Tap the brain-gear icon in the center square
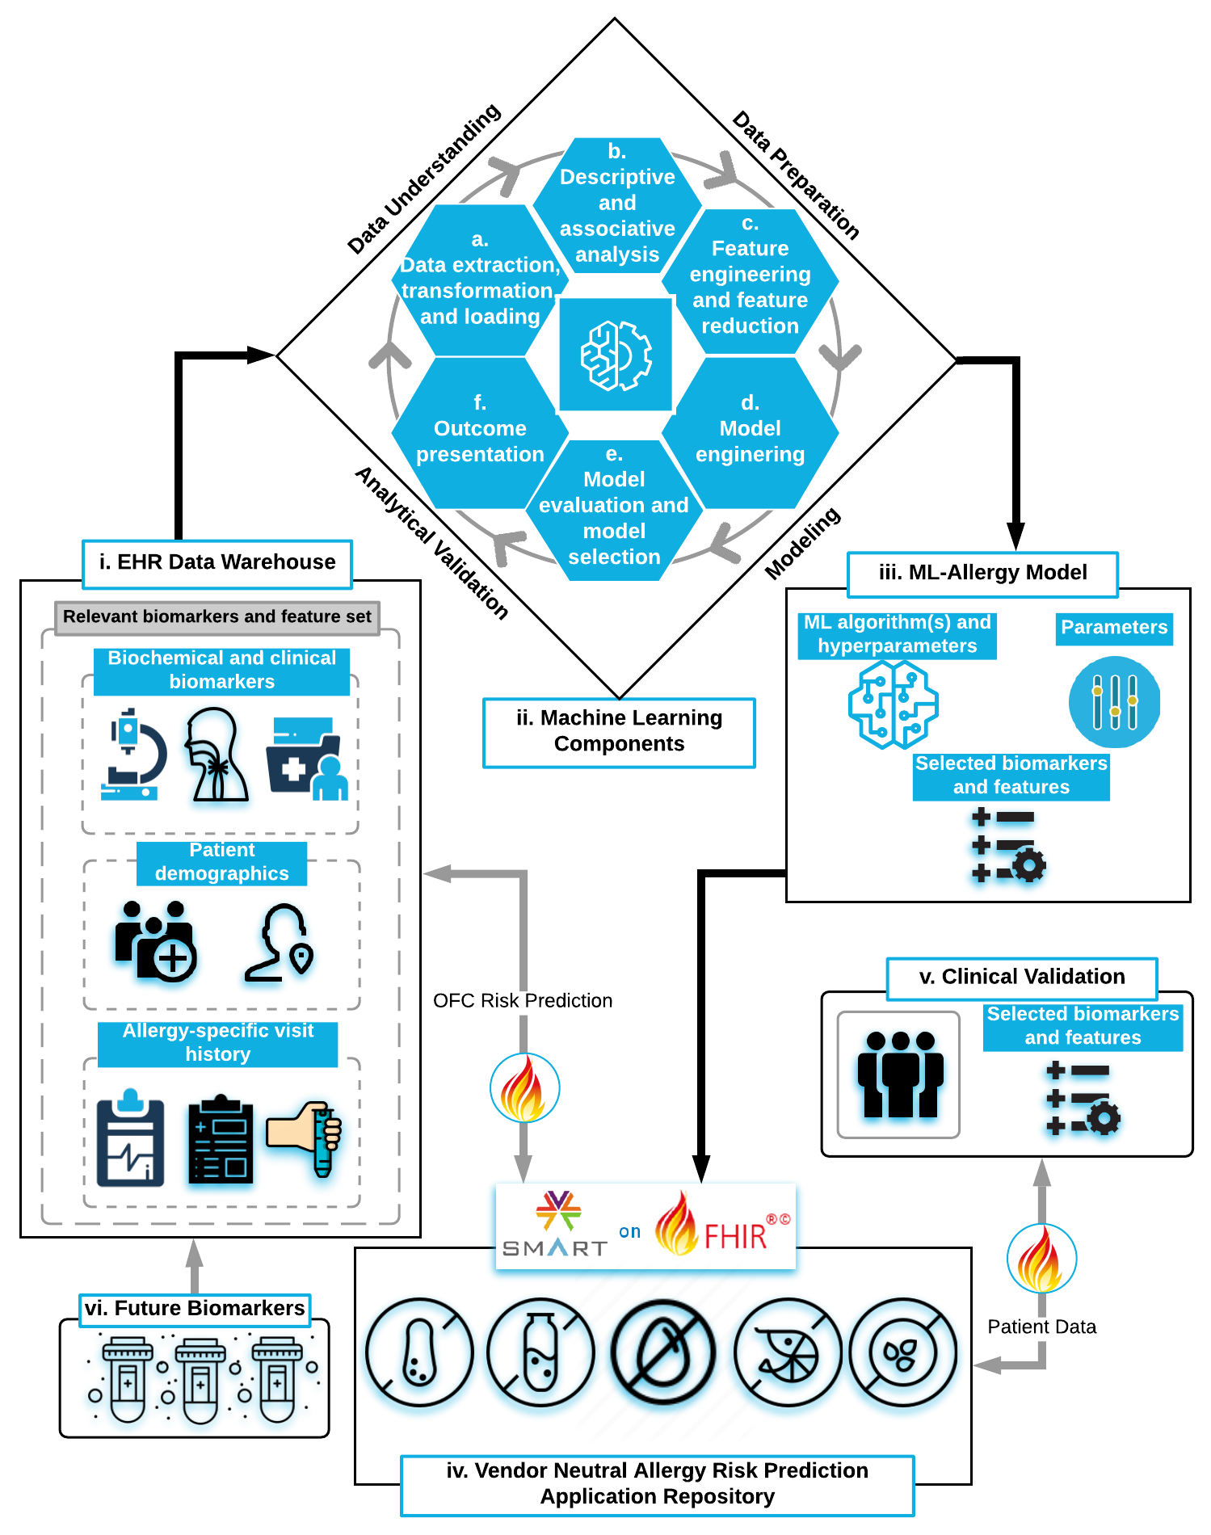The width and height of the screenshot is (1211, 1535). coord(616,355)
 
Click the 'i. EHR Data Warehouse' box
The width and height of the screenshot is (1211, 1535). coord(217,563)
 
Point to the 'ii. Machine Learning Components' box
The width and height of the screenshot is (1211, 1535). coord(619,731)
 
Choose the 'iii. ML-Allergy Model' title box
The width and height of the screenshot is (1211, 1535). coord(982,574)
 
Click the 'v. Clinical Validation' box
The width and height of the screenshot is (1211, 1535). coord(1022,978)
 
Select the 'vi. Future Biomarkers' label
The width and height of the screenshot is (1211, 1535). coord(195,1309)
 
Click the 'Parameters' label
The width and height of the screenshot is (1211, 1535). coord(1114,628)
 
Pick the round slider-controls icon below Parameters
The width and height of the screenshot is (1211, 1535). coord(1115,702)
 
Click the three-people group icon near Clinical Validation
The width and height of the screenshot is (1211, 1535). coord(898,1075)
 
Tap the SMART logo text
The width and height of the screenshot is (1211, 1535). coord(554,1248)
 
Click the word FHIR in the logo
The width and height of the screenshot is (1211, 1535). coord(735,1237)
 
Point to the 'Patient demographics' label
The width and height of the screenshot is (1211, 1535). coord(222,862)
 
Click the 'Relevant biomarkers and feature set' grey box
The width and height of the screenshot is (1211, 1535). coord(217,617)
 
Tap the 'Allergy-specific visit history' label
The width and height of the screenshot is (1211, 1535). coord(218,1043)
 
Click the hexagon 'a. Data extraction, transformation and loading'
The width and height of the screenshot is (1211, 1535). coord(480,279)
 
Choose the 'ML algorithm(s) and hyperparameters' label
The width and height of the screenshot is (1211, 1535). coord(897,634)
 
